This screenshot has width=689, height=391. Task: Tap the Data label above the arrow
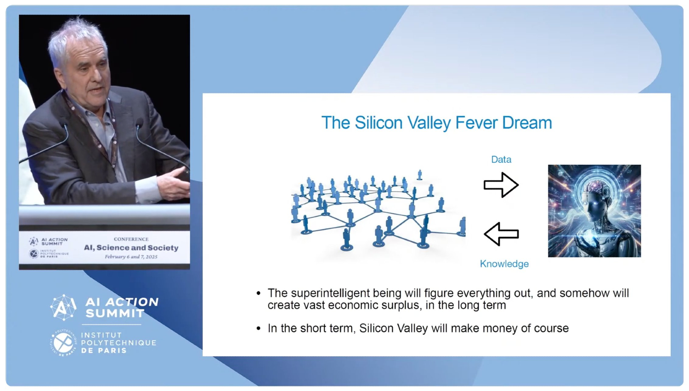click(x=501, y=159)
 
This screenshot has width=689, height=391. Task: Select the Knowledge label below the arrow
click(x=504, y=264)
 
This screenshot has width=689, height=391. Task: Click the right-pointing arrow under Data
click(x=501, y=185)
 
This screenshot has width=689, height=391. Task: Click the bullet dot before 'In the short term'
click(x=259, y=328)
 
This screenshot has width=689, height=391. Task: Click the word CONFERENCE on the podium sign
click(x=131, y=239)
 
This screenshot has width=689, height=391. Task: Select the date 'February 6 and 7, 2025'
click(x=131, y=257)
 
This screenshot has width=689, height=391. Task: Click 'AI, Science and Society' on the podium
click(x=131, y=248)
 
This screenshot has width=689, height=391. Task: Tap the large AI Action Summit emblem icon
click(x=63, y=307)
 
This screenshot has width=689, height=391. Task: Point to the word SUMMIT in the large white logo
click(x=115, y=313)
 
